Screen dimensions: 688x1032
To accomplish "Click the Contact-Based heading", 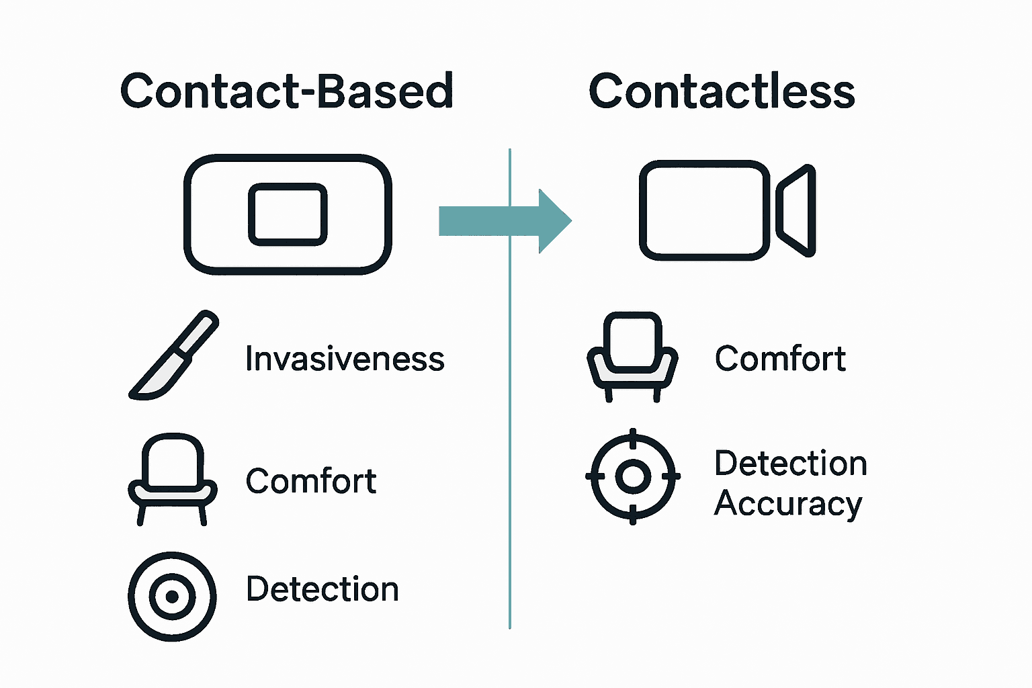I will (287, 91).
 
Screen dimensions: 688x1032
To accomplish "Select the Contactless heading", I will (721, 91).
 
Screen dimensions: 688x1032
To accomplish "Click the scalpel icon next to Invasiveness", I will (173, 355).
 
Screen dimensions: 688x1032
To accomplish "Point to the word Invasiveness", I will (345, 359).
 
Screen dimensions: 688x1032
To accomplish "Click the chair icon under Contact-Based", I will (173, 479).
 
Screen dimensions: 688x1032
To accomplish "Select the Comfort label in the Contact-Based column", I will (311, 481).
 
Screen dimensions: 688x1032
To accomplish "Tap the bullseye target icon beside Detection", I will (172, 596).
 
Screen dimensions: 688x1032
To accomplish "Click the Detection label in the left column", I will (322, 589).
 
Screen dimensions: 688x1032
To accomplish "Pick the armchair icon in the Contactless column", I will (632, 356).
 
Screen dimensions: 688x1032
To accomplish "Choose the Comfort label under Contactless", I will (780, 359).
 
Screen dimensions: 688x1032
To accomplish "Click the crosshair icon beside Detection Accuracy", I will (632, 476).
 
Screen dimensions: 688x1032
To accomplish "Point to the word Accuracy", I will (787, 504).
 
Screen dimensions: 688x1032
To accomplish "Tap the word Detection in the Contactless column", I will (791, 464).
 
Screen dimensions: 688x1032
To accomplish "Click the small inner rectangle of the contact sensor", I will (288, 214).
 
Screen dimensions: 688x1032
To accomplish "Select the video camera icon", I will (726, 210).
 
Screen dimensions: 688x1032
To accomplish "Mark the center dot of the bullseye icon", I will (172, 597).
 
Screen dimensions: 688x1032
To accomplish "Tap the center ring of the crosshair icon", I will (632, 476).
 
